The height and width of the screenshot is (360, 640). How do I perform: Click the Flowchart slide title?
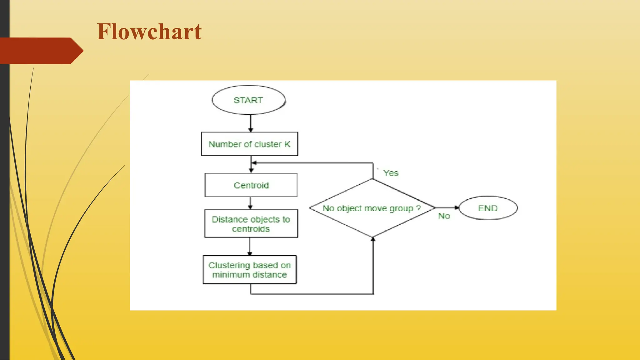(x=149, y=32)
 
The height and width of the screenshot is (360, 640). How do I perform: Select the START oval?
(x=248, y=100)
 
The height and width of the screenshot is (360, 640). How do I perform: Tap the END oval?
(x=488, y=208)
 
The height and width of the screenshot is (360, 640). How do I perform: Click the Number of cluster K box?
(x=249, y=144)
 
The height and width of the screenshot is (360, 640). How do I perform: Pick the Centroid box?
(x=251, y=185)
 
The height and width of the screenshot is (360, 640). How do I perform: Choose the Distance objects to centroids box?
(x=251, y=224)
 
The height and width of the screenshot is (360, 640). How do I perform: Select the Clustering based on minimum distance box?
(x=249, y=270)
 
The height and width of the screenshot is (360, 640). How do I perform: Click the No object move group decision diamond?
(x=372, y=208)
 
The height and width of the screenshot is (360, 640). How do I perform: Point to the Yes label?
(x=391, y=173)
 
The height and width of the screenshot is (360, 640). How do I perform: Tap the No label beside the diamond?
(x=444, y=216)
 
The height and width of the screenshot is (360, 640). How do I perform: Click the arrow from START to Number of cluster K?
(x=251, y=123)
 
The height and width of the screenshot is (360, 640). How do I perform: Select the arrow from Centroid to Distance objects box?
(x=250, y=203)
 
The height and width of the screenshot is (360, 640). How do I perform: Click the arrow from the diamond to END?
(x=447, y=207)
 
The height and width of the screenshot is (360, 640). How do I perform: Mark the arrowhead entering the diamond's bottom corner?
(x=373, y=239)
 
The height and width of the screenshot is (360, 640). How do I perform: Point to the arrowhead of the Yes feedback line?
(x=254, y=163)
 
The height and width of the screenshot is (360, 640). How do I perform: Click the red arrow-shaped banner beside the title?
(x=41, y=51)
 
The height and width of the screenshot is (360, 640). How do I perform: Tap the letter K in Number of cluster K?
(x=287, y=144)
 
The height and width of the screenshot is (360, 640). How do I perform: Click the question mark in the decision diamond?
(x=418, y=208)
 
